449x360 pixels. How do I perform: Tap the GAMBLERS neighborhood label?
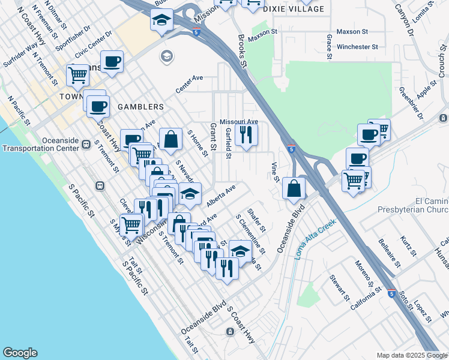[140, 107]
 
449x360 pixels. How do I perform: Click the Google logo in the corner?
[19, 353]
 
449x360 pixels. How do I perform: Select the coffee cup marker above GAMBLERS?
[98, 107]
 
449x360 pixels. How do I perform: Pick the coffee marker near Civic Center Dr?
[112, 61]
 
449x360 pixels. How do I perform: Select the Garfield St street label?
[228, 146]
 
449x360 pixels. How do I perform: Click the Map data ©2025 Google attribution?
[412, 355]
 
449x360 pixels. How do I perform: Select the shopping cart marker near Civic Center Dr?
[78, 76]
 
